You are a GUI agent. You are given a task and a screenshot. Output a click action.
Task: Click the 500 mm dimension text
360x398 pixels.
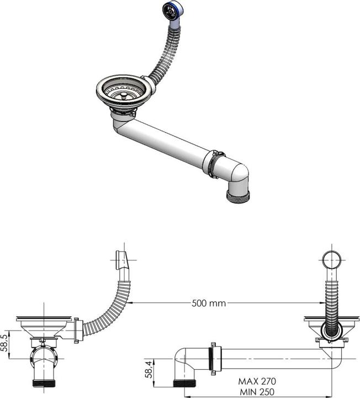tap(209, 303)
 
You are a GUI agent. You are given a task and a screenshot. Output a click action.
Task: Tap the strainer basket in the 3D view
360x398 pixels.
tap(124, 91)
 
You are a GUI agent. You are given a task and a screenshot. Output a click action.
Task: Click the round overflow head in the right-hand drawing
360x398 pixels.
tap(332, 260)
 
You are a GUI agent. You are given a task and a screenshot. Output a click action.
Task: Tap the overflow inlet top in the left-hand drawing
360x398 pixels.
tap(122, 260)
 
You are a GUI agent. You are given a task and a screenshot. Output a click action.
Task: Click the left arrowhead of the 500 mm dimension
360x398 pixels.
tap(133, 303)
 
